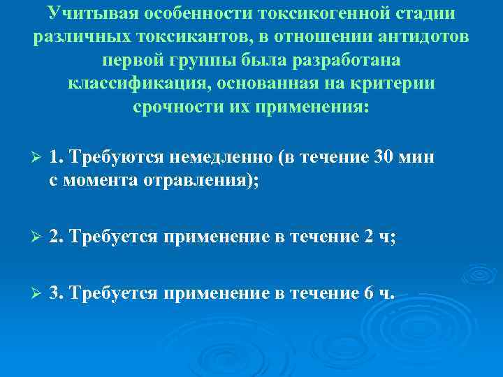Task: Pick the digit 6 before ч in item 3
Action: tap(369, 293)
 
